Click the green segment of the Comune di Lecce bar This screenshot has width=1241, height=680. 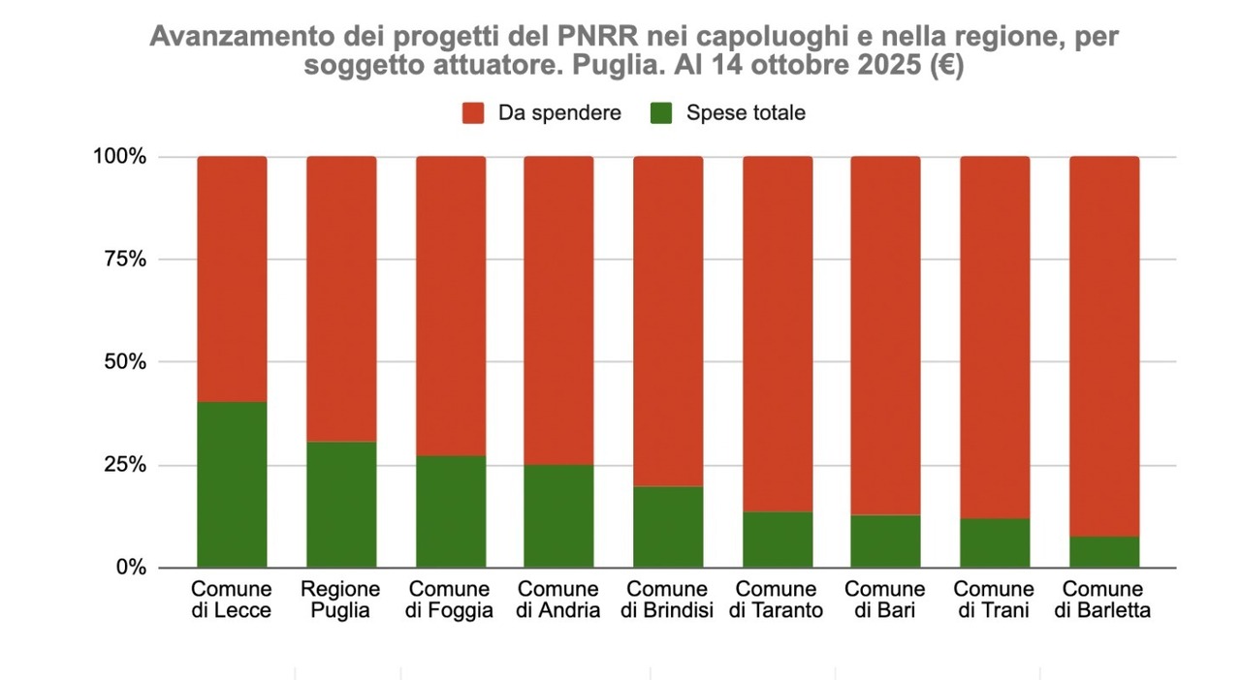click(x=232, y=484)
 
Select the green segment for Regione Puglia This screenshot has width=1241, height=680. click(x=341, y=505)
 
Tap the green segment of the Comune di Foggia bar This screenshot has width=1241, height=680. click(x=451, y=511)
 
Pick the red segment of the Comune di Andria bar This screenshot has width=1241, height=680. click(x=558, y=310)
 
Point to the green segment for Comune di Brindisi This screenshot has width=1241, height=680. click(x=668, y=527)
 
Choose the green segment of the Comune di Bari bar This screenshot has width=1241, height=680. click(x=885, y=541)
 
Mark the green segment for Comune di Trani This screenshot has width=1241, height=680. click(x=995, y=543)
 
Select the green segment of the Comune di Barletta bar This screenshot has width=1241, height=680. click(x=1104, y=552)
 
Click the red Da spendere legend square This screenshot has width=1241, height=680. click(x=473, y=113)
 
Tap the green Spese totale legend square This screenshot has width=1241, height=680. click(x=661, y=113)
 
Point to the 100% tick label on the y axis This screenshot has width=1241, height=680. click(x=120, y=157)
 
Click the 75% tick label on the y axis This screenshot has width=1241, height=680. click(x=125, y=260)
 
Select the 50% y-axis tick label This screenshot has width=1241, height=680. click(x=125, y=362)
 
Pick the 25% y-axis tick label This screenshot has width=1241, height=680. click(x=125, y=465)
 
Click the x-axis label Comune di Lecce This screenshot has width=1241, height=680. click(x=232, y=600)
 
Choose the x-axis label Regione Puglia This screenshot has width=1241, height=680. click(x=341, y=600)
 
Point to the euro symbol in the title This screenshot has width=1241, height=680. click(x=940, y=67)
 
